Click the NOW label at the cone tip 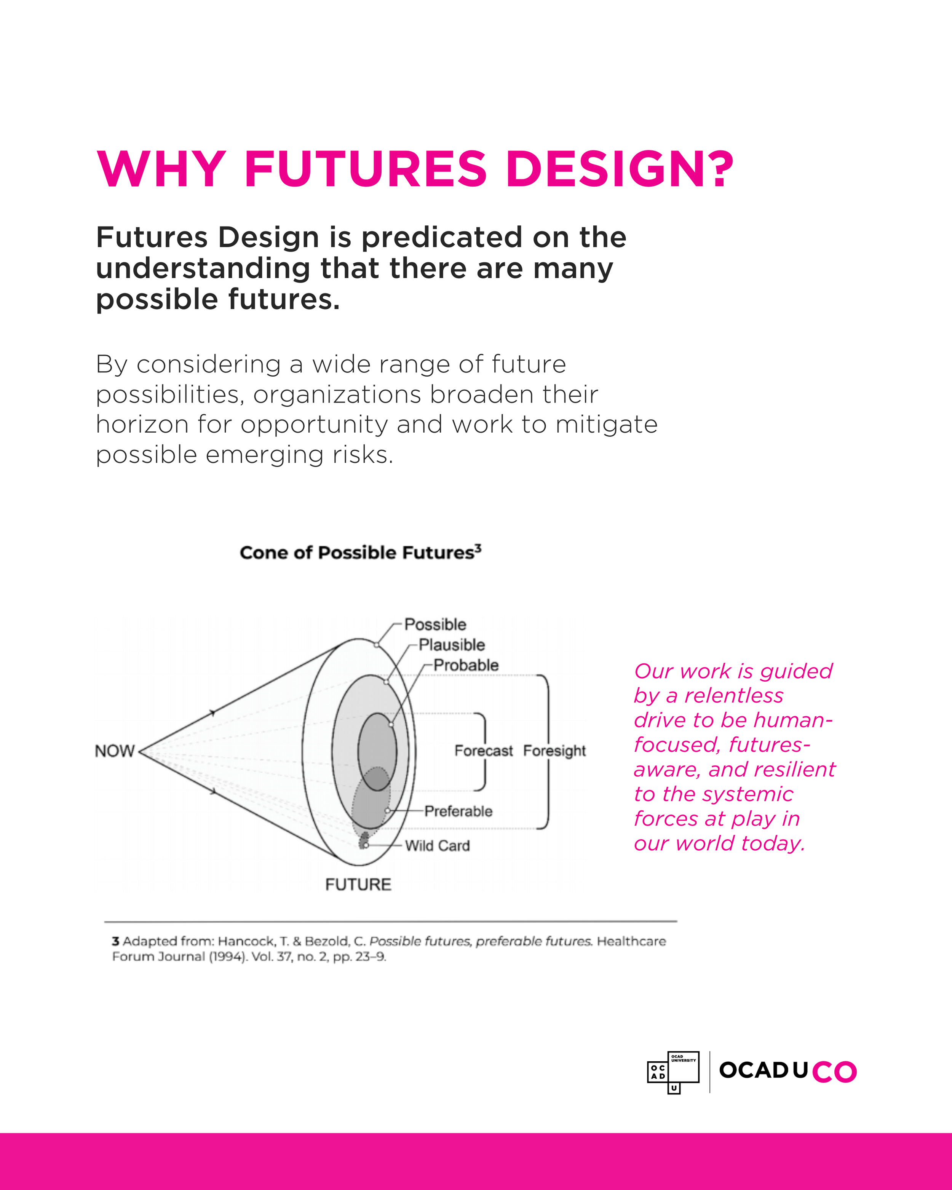coord(115,751)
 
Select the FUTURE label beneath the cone coord(358,884)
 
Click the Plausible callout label coord(452,645)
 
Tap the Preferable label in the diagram coord(458,811)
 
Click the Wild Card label coord(438,846)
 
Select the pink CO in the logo coord(834,1072)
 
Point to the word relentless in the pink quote coord(734,696)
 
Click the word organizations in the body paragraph coord(338,395)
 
